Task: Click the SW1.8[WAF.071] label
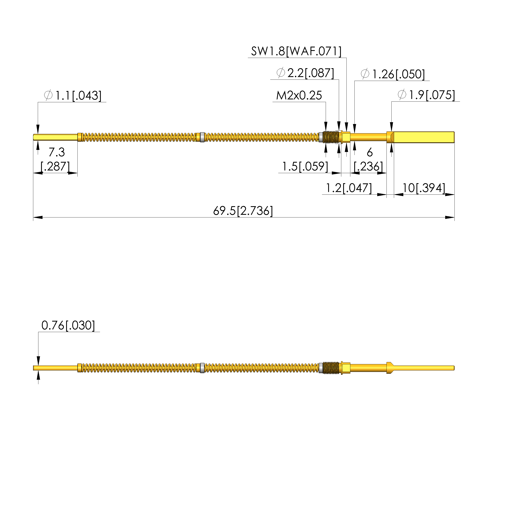[296, 51]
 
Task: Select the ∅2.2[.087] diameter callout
[305, 73]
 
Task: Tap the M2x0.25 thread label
[299, 95]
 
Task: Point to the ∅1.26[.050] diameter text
[393, 74]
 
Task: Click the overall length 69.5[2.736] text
[243, 211]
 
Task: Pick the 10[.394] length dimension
[424, 188]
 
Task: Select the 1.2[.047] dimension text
[349, 188]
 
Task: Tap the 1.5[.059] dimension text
[305, 166]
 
